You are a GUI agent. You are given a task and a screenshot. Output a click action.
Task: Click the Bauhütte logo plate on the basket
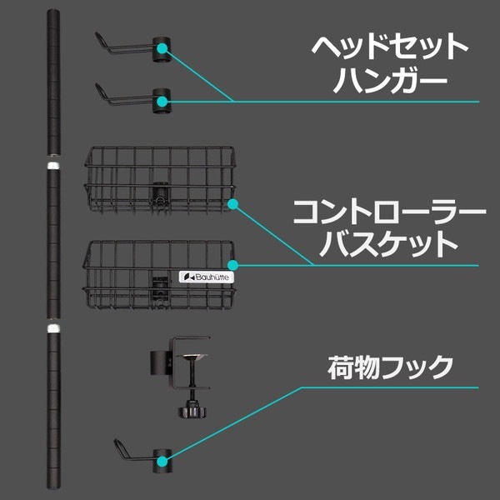click(x=206, y=277)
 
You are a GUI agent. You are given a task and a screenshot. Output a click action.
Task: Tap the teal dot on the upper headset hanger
click(x=162, y=48)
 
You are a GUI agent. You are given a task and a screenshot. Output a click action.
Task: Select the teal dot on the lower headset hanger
click(x=162, y=102)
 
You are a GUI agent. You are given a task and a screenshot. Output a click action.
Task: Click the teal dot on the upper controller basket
click(x=233, y=204)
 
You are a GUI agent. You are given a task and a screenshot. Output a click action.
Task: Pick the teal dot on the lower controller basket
click(x=233, y=265)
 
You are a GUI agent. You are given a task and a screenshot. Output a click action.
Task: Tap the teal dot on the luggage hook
click(x=162, y=461)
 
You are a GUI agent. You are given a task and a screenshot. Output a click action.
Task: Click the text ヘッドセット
click(x=389, y=47)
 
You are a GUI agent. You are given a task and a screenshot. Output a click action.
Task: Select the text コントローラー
click(x=389, y=212)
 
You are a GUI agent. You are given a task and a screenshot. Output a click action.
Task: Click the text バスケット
click(x=389, y=244)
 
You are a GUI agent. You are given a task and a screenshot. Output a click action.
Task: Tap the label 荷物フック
click(x=390, y=367)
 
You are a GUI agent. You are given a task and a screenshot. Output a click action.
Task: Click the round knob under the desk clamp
click(x=192, y=412)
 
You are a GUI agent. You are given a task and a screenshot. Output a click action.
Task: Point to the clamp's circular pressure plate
click(x=192, y=356)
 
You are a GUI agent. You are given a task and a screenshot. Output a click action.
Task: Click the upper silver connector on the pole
click(x=53, y=166)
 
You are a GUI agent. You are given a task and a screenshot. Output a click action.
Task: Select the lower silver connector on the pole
click(x=53, y=328)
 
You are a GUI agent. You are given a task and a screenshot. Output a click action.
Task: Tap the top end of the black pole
click(x=53, y=11)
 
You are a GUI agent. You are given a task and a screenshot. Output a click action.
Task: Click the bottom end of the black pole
click(x=53, y=487)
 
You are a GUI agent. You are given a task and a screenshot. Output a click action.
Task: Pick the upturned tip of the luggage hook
click(x=116, y=441)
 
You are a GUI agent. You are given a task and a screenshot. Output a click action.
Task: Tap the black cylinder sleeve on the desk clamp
click(x=162, y=362)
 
